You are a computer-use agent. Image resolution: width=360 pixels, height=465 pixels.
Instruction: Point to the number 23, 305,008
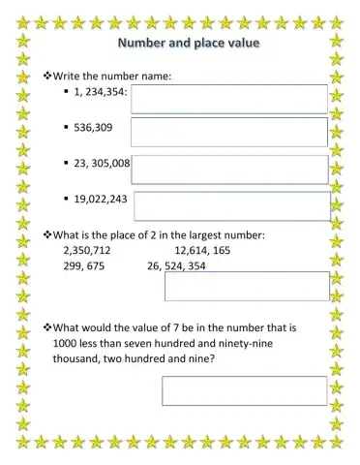click(x=101, y=164)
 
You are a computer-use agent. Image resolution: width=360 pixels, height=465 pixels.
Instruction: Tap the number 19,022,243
click(x=99, y=201)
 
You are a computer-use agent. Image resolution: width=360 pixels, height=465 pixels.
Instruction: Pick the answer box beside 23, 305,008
click(x=230, y=170)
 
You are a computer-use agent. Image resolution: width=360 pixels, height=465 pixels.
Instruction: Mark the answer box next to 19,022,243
click(x=232, y=205)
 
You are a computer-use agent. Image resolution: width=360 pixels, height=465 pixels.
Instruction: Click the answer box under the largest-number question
click(x=247, y=286)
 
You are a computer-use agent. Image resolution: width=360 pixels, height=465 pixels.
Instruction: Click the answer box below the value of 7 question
click(x=244, y=390)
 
